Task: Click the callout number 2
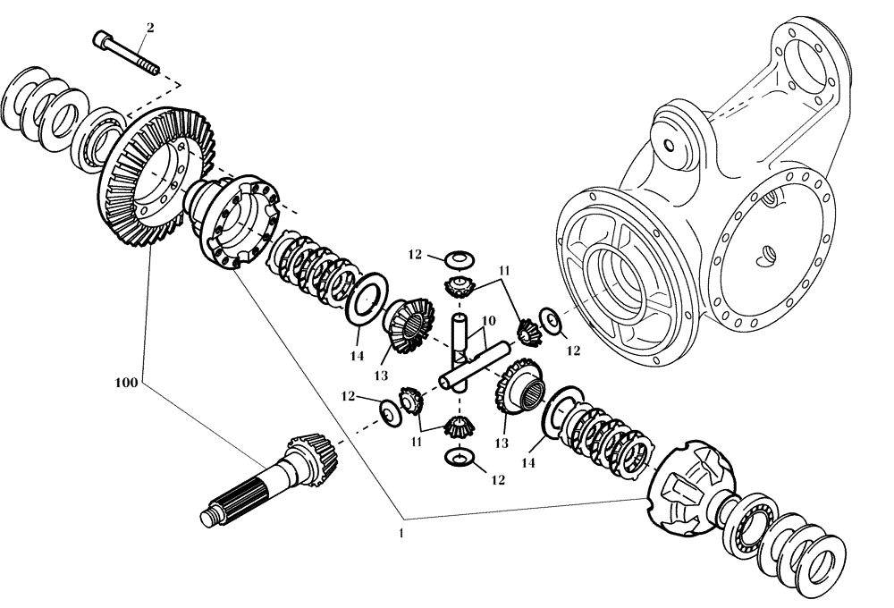pyautogui.click(x=149, y=28)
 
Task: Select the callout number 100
pyautogui.click(x=126, y=382)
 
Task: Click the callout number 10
pyautogui.click(x=488, y=321)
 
